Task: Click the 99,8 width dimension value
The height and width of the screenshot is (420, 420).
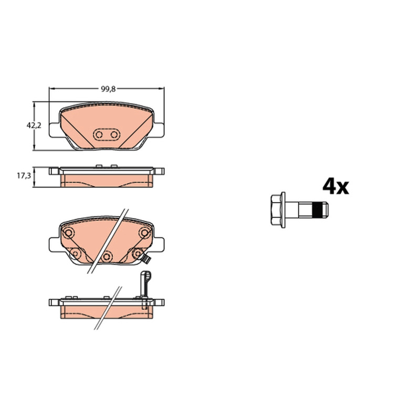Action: tap(108, 89)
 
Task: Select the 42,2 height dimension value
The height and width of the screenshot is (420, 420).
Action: tap(34, 125)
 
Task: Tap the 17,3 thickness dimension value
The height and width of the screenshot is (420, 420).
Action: tap(24, 176)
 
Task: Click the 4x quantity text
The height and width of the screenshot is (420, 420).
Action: tap(335, 186)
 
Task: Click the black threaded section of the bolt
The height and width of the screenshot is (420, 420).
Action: tap(318, 209)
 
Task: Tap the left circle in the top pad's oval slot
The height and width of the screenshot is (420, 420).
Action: tap(99, 134)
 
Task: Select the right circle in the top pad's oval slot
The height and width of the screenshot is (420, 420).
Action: tap(114, 134)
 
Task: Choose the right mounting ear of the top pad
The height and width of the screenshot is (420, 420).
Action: tap(159, 130)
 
